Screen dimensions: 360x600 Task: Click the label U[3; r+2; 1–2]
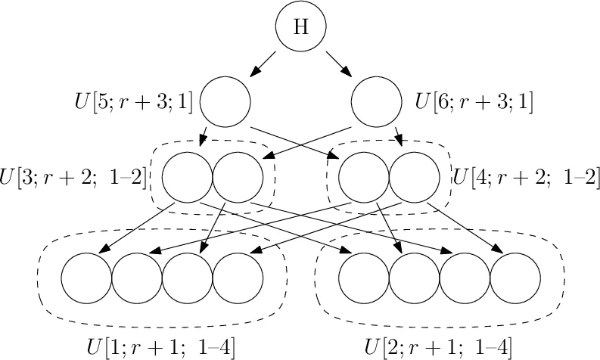(x=74, y=178)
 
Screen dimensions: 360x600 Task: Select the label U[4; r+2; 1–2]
(x=526, y=178)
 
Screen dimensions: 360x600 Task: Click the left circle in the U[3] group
(x=187, y=178)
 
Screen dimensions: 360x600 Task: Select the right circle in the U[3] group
(x=238, y=178)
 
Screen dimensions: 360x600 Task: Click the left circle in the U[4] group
(x=363, y=178)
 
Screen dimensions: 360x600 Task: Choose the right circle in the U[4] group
(x=414, y=178)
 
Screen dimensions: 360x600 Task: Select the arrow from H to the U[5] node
(x=263, y=64)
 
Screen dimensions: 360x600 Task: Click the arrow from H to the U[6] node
(x=338, y=64)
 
